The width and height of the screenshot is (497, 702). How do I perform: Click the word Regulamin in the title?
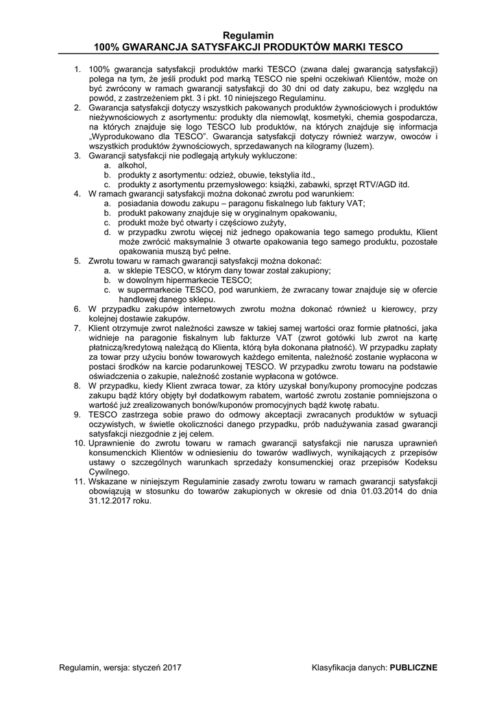coord(248,34)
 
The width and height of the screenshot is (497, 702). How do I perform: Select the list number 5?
coord(77,261)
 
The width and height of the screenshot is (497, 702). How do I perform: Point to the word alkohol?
coord(132,165)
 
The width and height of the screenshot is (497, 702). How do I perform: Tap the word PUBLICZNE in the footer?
coord(413,667)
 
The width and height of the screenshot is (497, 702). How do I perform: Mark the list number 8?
coord(77,386)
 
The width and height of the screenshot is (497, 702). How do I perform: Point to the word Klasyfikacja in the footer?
coord(335,667)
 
